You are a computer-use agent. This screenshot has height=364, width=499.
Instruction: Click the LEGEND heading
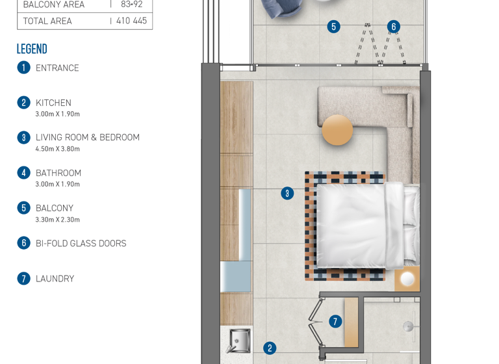pyautogui.click(x=32, y=49)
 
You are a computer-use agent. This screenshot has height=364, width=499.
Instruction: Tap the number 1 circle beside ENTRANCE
pyautogui.click(x=24, y=68)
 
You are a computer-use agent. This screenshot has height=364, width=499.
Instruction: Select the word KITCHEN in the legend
pyautogui.click(x=53, y=103)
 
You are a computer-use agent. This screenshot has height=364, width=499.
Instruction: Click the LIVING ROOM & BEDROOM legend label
pyautogui.click(x=87, y=137)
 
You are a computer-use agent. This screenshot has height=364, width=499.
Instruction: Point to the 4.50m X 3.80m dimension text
pyautogui.click(x=57, y=149)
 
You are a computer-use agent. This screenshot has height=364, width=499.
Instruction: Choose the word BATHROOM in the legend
pyautogui.click(x=58, y=173)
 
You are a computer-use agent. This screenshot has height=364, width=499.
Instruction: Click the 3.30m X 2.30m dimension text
pyautogui.click(x=57, y=220)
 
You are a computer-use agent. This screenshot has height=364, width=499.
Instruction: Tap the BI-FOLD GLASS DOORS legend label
pyautogui.click(x=81, y=243)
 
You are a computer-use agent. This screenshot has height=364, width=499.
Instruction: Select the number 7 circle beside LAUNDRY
pyautogui.click(x=24, y=278)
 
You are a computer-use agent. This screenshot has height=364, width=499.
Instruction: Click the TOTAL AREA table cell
pyautogui.click(x=47, y=21)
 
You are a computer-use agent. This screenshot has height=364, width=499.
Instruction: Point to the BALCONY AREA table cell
pyautogui.click(x=53, y=5)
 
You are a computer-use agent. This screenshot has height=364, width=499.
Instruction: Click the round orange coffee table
pyautogui.click(x=337, y=129)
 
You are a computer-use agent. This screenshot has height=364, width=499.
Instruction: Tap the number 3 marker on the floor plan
pyautogui.click(x=287, y=193)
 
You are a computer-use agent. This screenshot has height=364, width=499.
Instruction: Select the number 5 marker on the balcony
pyautogui.click(x=333, y=27)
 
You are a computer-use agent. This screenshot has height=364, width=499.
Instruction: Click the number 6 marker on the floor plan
pyautogui.click(x=393, y=27)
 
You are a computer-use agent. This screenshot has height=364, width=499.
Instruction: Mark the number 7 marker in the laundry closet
pyautogui.click(x=335, y=321)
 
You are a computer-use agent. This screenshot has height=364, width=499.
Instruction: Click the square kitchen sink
pyautogui.click(x=238, y=339)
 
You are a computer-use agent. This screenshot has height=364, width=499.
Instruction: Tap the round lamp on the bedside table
pyautogui.click(x=407, y=279)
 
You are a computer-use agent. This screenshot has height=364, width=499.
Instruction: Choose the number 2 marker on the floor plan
pyautogui.click(x=270, y=348)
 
